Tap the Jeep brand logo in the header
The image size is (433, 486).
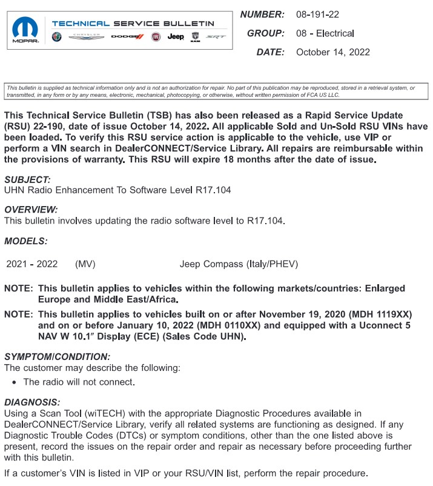pyautogui.click(x=176, y=37)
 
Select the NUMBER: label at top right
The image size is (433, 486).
pyautogui.click(x=262, y=14)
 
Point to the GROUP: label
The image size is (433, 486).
pyautogui.click(x=266, y=33)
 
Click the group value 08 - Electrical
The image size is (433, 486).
pyautogui.click(x=325, y=33)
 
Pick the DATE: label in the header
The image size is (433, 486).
pyautogui.click(x=270, y=52)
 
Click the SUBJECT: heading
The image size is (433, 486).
pyautogui.click(x=27, y=179)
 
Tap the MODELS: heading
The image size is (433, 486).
pyautogui.click(x=26, y=241)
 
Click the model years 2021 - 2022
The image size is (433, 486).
pyautogui.click(x=32, y=264)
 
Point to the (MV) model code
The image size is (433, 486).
pyautogui.click(x=85, y=264)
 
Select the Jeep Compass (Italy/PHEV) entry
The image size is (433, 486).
pyautogui.click(x=239, y=264)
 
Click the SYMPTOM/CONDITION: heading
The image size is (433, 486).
pyautogui.click(x=58, y=357)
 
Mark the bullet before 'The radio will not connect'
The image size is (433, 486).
pyautogui.click(x=14, y=382)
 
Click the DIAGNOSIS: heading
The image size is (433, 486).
pyautogui.click(x=32, y=402)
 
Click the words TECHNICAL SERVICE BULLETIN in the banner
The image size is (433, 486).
pyautogui.click(x=133, y=24)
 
